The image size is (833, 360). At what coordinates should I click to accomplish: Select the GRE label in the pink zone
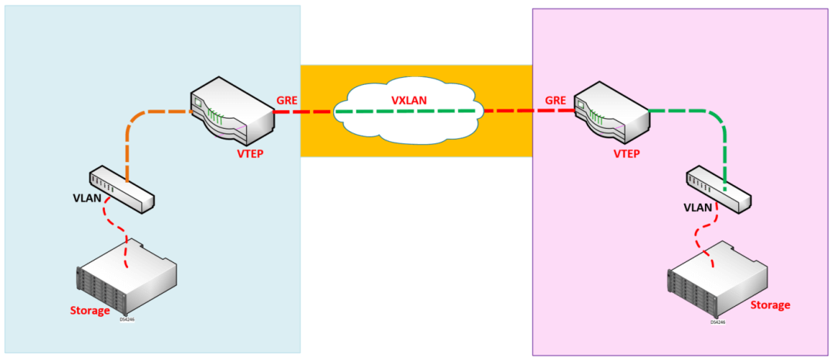coord(556,101)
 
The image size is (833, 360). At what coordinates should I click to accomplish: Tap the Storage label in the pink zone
coord(771,304)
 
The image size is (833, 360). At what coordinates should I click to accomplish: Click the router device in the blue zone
coord(232,112)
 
